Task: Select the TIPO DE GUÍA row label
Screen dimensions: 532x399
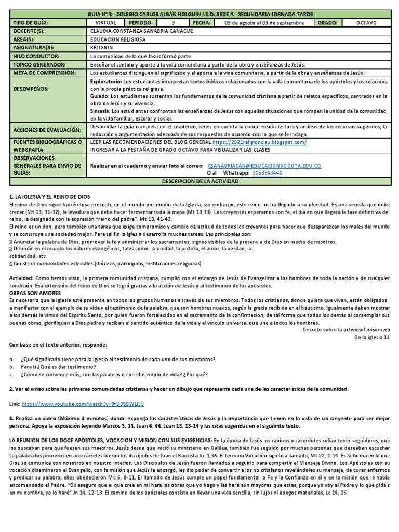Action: click(x=31, y=23)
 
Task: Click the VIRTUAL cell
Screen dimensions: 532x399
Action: click(x=106, y=23)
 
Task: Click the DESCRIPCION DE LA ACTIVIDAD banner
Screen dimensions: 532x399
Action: click(x=200, y=181)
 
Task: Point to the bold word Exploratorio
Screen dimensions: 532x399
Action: click(x=105, y=82)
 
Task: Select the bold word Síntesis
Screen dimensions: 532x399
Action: click(x=100, y=111)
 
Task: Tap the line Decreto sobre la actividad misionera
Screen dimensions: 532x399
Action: click(x=345, y=329)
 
